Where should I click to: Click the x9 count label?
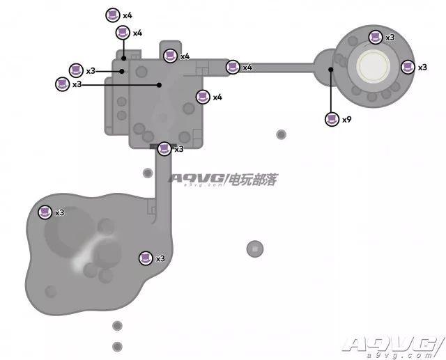[x=346, y=120]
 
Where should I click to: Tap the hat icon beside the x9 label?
[x=332, y=119]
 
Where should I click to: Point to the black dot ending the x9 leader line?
[x=330, y=70]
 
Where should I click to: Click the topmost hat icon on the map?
[x=113, y=15]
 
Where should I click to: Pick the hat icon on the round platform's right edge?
[x=408, y=67]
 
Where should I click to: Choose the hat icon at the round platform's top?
[x=376, y=37]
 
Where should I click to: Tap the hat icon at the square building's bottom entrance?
[x=164, y=149]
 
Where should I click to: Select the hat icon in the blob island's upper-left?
[x=45, y=212]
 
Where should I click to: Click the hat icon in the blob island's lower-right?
[x=146, y=258]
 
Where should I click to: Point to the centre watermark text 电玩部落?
[x=253, y=179]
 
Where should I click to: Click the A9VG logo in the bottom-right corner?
[x=393, y=347]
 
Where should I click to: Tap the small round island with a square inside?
[x=255, y=249]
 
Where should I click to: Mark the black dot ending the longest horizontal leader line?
[x=160, y=85]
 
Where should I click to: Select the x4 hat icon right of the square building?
[x=203, y=97]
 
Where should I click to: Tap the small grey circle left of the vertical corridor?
[x=147, y=173]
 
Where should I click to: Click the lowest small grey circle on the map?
[x=117, y=347]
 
